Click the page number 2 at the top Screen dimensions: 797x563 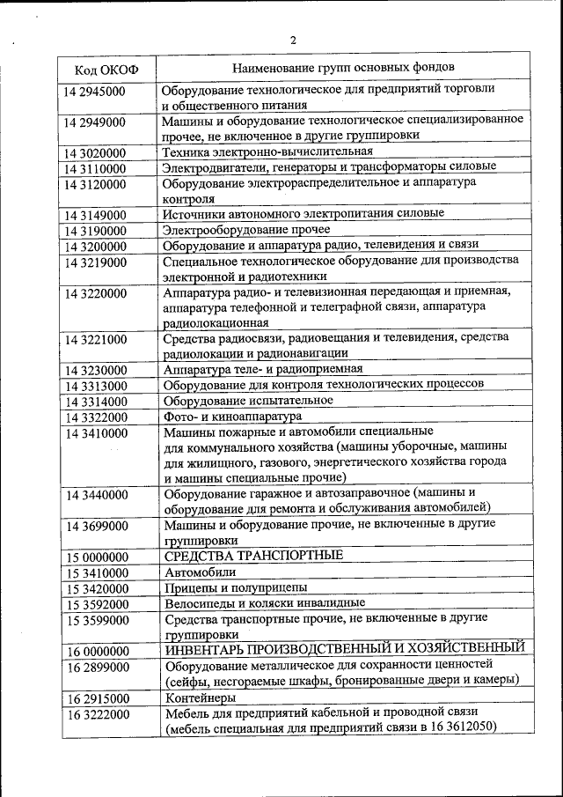(x=293, y=40)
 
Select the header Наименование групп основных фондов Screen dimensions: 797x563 (x=344, y=67)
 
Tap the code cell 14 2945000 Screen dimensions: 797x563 (x=94, y=92)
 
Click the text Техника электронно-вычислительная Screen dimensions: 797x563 (x=261, y=151)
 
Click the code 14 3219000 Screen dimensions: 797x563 (x=94, y=262)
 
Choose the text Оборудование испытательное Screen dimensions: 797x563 (x=248, y=401)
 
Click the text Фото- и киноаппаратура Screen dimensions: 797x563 (x=233, y=416)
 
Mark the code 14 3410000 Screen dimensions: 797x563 (x=94, y=433)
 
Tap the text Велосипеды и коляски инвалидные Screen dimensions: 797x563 (x=264, y=604)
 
